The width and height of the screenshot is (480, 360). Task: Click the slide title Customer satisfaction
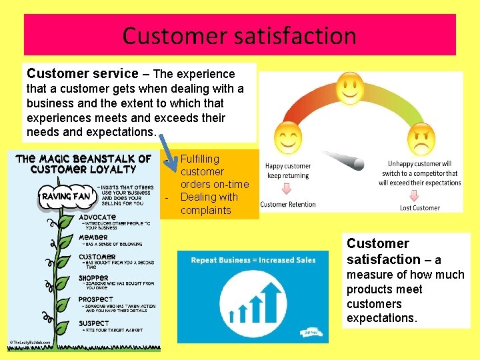[x=239, y=35]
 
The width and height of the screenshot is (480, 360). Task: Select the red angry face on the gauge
[x=421, y=138]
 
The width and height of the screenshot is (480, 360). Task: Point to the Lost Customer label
[x=420, y=208]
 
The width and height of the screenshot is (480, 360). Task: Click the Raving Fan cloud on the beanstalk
[x=66, y=197]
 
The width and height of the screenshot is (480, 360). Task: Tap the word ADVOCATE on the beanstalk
[x=97, y=217]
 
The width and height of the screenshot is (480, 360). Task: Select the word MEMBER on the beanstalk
[x=93, y=237]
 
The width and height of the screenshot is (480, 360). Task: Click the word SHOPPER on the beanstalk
[x=94, y=278]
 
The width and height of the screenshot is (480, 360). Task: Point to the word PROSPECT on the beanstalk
[x=96, y=299]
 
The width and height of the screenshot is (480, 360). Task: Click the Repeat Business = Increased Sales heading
[x=253, y=260]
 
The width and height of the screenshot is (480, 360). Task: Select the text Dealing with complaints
[x=209, y=204]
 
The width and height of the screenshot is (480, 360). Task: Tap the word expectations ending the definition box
[x=382, y=318]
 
